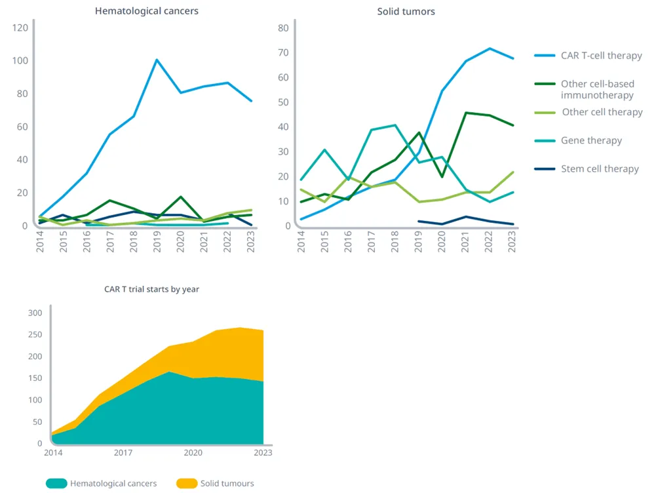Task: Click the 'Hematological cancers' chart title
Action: coord(146,11)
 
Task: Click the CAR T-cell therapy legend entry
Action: coord(601,56)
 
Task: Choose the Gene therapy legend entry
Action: coord(591,140)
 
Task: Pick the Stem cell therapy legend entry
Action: coord(599,168)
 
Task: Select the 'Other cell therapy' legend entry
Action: coord(602,112)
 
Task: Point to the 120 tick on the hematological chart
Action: coord(20,28)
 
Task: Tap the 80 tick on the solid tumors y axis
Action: coord(284,28)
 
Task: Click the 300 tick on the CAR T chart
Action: coord(35,313)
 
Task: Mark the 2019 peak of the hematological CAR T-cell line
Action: coord(157,60)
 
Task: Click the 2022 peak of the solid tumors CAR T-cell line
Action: coord(489,48)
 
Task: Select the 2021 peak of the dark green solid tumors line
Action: coord(466,112)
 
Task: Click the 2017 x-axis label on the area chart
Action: coord(123,452)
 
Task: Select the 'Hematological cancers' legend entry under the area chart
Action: coord(113,484)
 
